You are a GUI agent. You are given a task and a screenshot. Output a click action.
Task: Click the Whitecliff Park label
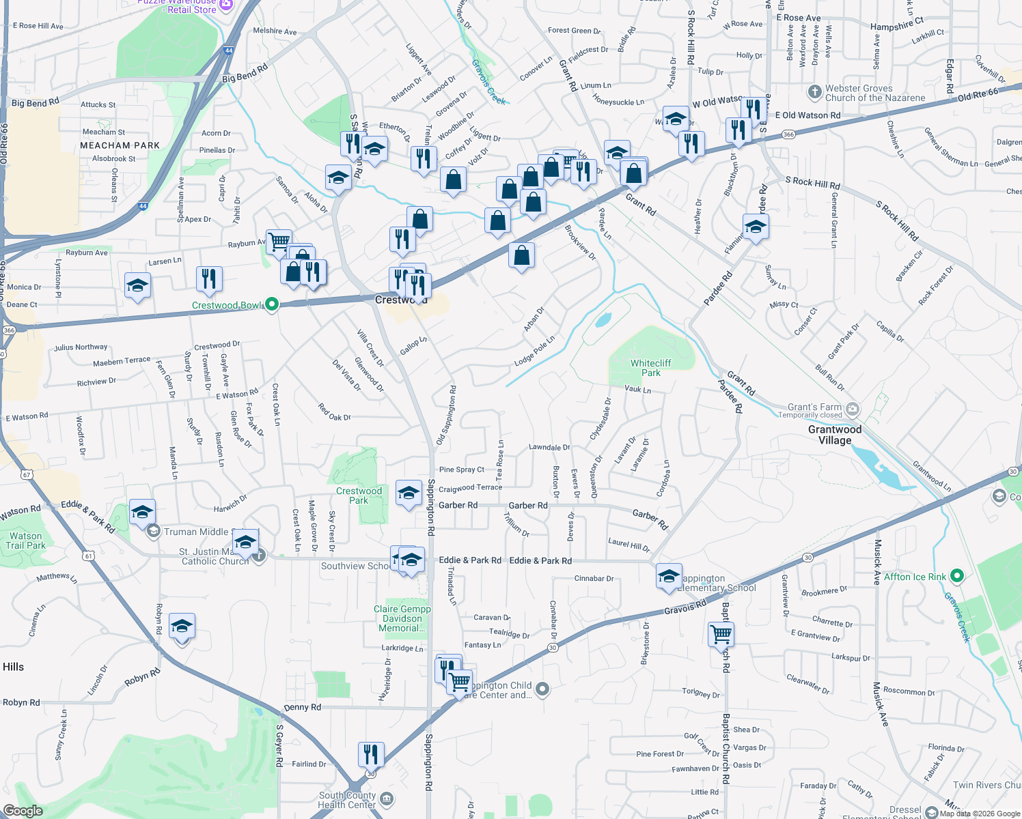tap(650, 368)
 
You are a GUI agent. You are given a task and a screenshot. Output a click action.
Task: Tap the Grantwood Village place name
tap(835, 435)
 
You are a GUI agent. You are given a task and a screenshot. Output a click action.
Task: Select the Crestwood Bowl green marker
tap(271, 304)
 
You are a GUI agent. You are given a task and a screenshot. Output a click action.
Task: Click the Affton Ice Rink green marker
tap(956, 577)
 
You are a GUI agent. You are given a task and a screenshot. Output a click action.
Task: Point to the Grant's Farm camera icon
tap(853, 409)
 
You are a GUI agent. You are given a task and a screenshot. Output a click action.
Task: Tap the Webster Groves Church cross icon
tap(814, 92)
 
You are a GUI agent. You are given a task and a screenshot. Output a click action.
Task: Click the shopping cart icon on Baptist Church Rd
tap(721, 634)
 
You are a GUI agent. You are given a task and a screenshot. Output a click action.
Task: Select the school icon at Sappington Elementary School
tap(669, 575)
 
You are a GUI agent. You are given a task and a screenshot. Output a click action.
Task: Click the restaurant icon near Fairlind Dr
tap(371, 754)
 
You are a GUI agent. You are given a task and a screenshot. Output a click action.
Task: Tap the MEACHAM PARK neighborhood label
tap(120, 145)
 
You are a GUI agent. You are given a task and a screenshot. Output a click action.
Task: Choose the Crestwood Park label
tap(359, 495)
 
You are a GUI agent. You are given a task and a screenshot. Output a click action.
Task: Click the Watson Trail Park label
tap(26, 541)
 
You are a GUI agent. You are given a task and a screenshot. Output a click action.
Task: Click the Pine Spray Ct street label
tap(461, 470)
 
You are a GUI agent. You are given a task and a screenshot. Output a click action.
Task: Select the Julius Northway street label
tap(81, 347)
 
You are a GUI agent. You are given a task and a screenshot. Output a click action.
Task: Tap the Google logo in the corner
tap(23, 811)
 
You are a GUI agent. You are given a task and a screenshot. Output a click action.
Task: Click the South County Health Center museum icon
tap(386, 799)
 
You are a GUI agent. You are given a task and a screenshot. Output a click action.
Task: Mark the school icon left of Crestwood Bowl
tap(137, 285)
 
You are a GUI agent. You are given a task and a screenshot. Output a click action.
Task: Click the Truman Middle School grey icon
tap(154, 532)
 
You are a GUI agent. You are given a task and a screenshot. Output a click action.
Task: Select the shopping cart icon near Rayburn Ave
tap(279, 241)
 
